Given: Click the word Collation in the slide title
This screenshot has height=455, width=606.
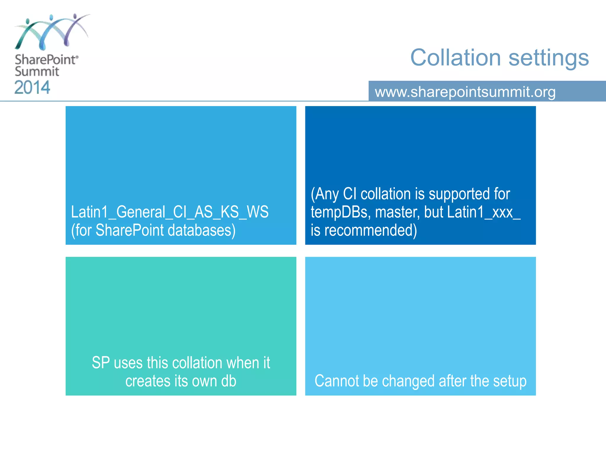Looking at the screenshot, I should click(455, 57).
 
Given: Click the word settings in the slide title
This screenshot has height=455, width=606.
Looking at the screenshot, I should click(549, 58).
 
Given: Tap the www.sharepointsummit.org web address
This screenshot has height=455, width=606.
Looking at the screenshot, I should click(465, 92).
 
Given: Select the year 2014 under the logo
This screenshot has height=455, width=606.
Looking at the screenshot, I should click(32, 87).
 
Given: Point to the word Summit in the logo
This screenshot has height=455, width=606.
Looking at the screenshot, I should click(37, 71).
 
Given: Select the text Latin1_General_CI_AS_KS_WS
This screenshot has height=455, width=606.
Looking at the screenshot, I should click(170, 212).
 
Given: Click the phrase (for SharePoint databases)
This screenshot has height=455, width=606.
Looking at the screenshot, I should click(153, 230).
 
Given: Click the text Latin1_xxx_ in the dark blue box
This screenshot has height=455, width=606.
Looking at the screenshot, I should click(484, 212).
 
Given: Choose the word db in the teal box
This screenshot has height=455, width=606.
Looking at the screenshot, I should click(229, 381).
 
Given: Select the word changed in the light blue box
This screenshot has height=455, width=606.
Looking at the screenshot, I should click(409, 382).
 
